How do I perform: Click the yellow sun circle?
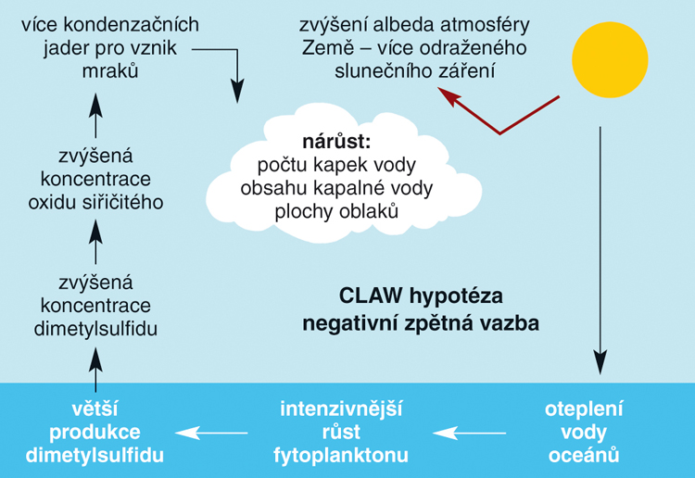610,60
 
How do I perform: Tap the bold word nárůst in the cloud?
336,142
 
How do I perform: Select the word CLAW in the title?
371,296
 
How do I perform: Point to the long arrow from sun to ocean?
600,250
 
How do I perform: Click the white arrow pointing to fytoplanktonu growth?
470,433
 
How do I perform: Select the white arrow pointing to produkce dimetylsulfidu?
211,433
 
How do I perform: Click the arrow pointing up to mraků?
95,115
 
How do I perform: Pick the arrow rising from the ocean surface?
95,370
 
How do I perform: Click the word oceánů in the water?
584,455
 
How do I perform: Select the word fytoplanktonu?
341,455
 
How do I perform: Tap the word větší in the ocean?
95,409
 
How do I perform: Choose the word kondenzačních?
132,25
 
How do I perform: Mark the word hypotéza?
457,296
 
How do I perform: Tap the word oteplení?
584,409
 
